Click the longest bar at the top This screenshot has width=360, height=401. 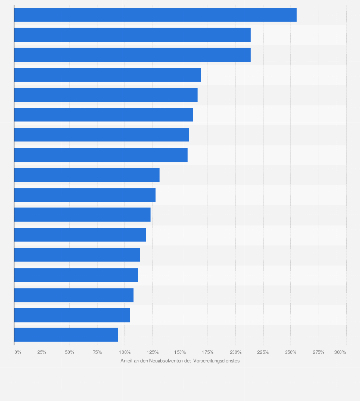click(x=155, y=15)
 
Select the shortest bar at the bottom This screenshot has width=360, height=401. click(x=66, y=335)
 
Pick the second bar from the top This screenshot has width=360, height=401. click(x=132, y=35)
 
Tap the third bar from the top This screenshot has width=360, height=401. click(x=132, y=55)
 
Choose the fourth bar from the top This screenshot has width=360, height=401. click(x=107, y=75)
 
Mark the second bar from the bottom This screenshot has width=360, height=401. click(x=72, y=315)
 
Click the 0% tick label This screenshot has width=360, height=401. click(x=18, y=352)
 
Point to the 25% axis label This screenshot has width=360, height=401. click(x=42, y=352)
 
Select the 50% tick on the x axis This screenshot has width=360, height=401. click(x=70, y=352)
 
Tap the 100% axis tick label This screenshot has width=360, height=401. click(x=125, y=352)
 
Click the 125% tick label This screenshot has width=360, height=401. click(x=152, y=352)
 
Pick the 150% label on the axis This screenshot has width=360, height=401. click(x=180, y=352)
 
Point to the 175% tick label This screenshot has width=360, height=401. click(x=208, y=352)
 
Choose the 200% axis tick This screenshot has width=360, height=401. click(x=235, y=352)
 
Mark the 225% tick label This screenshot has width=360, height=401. click(x=263, y=352)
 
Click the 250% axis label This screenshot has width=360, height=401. click(x=291, y=352)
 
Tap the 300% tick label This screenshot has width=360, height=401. click(x=340, y=352)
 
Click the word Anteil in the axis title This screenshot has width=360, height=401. click(x=127, y=361)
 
